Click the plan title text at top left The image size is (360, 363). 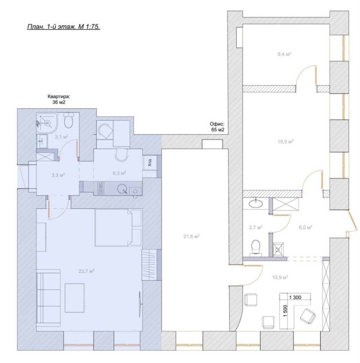coord(63,27)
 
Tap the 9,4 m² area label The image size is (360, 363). coord(284,54)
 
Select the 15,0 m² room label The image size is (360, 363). coord(285,141)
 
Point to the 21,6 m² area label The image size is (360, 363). coord(192,236)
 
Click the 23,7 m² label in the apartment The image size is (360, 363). coord(86,271)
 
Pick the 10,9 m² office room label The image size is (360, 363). coord(280,277)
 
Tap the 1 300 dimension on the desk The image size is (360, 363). coord(295,297)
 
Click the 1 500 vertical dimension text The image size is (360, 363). coord(285,311)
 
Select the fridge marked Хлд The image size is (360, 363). coord(150,163)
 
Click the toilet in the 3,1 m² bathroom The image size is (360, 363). coord(68,121)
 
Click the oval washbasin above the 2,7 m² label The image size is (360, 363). coord(256,204)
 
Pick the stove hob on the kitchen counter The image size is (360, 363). coord(101,188)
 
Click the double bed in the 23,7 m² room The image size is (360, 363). coord(118,228)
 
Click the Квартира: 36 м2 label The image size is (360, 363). coord(59,99)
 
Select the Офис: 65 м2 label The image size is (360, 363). coord(217,127)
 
